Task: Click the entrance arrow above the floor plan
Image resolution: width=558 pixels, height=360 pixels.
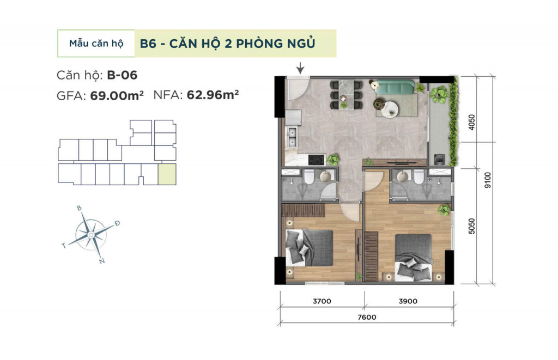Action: tap(301, 68)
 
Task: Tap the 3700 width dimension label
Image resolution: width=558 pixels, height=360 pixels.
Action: tap(322, 301)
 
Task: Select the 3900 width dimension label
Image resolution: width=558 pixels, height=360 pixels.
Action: tap(408, 301)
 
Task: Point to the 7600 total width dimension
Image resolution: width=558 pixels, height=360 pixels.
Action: tap(367, 317)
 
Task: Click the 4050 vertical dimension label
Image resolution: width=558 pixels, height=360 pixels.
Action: tap(471, 122)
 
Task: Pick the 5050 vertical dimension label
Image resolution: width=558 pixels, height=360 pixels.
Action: tap(471, 226)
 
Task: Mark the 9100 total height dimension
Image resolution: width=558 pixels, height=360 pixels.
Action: tap(488, 180)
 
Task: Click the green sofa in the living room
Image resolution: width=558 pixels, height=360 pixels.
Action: tap(395, 88)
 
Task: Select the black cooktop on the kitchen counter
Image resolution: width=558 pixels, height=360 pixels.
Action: tap(317, 160)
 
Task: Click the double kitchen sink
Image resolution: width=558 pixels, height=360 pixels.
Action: tap(293, 137)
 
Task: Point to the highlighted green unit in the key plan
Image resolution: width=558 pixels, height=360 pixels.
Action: tap(167, 174)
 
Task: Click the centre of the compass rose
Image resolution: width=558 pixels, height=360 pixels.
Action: tap(91, 235)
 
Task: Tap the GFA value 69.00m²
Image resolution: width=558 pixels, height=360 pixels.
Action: tap(117, 95)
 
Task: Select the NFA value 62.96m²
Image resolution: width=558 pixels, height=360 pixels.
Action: tap(213, 95)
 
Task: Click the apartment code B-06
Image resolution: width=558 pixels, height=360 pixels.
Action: tap(122, 75)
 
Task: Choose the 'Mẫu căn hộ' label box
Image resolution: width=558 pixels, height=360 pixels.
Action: tap(96, 44)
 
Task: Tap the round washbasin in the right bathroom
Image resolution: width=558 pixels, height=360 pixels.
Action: tap(403, 176)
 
